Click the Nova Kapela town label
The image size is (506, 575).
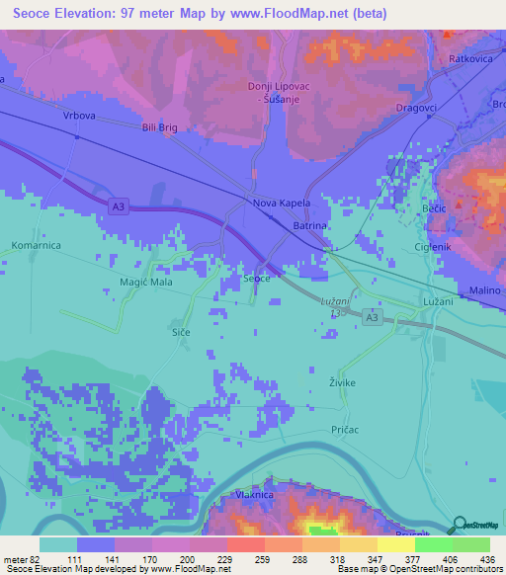(x=282, y=203)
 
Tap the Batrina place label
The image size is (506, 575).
(x=309, y=226)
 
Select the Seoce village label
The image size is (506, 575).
(x=257, y=280)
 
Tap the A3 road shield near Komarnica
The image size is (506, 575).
(x=118, y=205)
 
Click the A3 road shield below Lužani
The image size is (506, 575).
(x=371, y=316)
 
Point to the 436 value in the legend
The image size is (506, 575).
(x=486, y=559)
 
